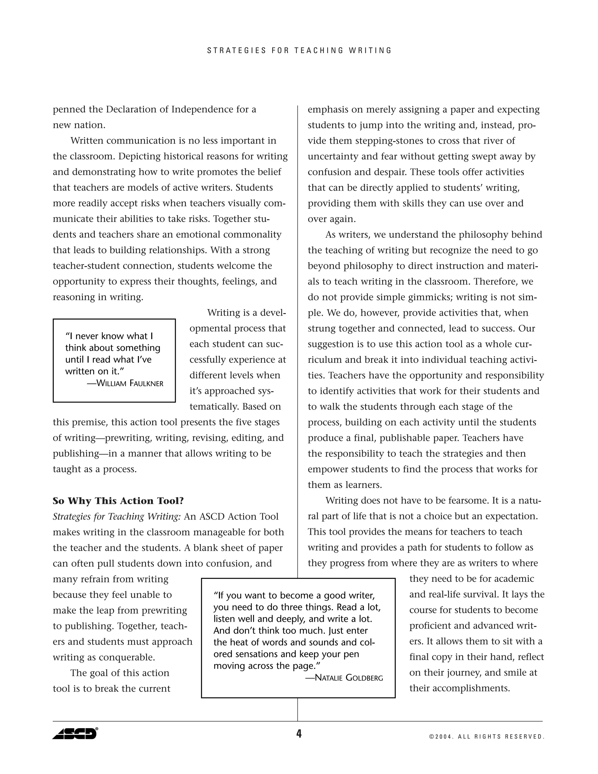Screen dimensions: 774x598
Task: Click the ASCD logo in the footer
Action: [75, 733]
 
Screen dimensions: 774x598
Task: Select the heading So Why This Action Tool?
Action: [118, 501]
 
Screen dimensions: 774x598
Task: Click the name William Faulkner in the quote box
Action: [125, 383]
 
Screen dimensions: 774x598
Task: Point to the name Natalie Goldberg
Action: [344, 678]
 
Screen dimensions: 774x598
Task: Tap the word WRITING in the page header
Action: [370, 51]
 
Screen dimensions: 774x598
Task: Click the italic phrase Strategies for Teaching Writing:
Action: [117, 517]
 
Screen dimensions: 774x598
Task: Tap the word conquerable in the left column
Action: [126, 657]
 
